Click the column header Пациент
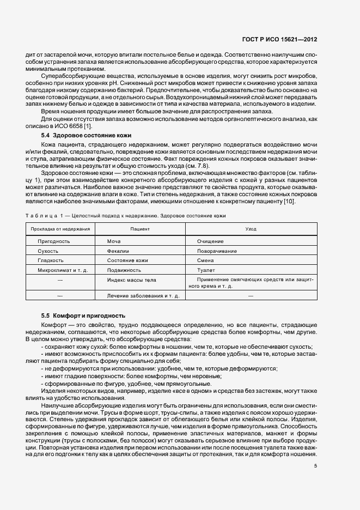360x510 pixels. (140, 229)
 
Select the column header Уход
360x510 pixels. (251, 229)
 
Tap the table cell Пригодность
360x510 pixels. (53, 241)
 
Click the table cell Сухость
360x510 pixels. (48, 251)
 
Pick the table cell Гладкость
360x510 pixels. (51, 260)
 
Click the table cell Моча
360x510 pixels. (114, 241)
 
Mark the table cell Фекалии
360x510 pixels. (118, 251)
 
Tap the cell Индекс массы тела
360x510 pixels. (132, 280)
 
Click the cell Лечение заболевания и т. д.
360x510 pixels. (140, 295)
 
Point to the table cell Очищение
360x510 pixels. (211, 241)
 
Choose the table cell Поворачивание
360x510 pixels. (217, 251)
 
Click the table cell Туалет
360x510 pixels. (206, 270)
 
